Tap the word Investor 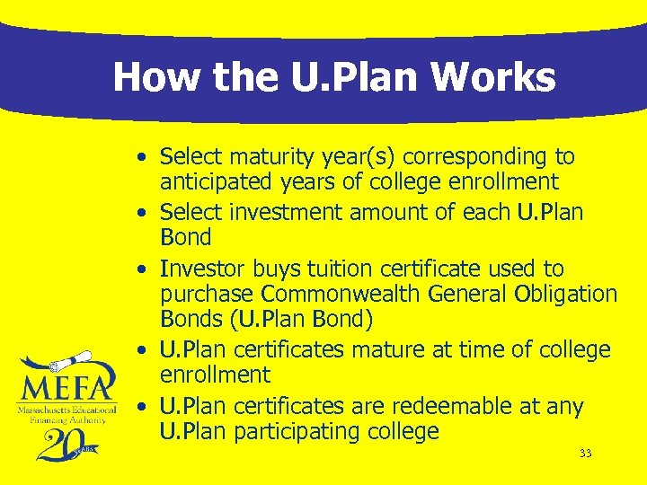click(199, 269)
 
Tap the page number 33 click(585, 454)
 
